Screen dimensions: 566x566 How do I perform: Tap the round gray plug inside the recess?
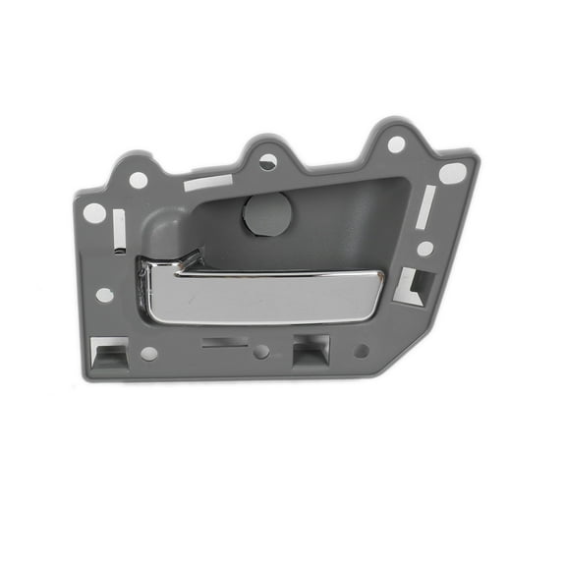[266, 213]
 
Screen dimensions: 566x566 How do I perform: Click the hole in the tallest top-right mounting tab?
[395, 144]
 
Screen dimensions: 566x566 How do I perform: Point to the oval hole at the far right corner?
[452, 174]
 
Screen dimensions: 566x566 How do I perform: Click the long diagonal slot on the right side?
[424, 207]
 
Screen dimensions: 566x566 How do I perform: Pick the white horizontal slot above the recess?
[208, 183]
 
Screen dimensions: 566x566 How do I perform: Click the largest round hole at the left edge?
[95, 212]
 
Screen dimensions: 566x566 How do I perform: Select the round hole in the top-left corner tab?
[139, 180]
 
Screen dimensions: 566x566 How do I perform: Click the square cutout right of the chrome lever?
[413, 284]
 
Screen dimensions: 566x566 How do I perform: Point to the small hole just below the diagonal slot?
[424, 249]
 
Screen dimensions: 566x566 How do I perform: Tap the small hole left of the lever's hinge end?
[104, 295]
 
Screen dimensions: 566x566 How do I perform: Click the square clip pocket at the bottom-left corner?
[110, 352]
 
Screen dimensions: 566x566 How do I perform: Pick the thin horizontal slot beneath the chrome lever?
[225, 343]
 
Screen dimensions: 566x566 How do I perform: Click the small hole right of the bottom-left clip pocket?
[148, 353]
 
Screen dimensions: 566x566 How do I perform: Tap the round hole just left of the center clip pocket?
[260, 351]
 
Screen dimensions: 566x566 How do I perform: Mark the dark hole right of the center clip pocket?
[361, 350]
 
